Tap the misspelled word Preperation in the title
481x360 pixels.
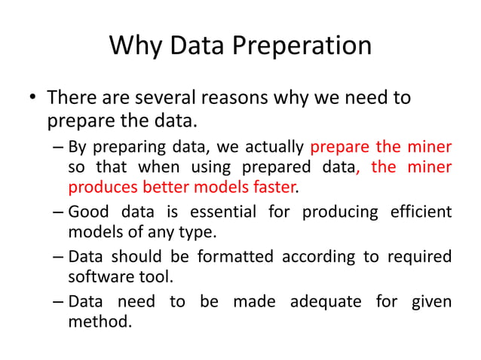[x=303, y=46]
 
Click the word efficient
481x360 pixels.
[x=420, y=212]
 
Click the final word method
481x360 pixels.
[x=100, y=322]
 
